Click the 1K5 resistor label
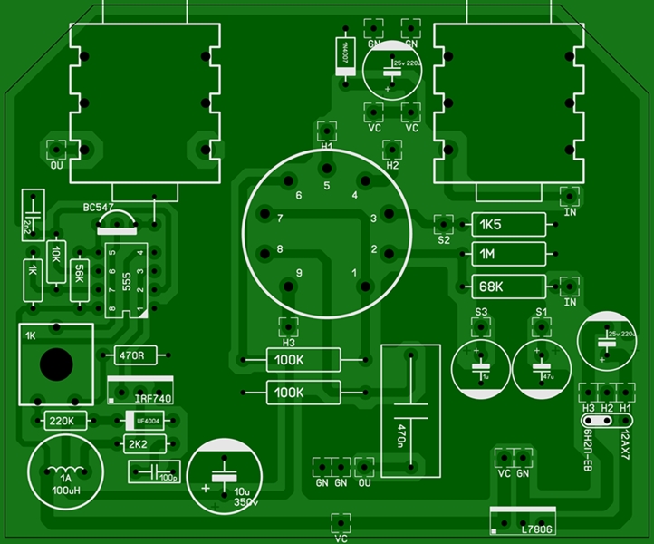click(x=490, y=225)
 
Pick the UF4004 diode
click(x=148, y=421)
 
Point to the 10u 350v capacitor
click(x=221, y=479)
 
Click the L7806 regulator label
click(x=541, y=528)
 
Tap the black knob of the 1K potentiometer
click(x=56, y=364)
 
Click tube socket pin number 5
click(x=327, y=186)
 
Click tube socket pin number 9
click(x=298, y=273)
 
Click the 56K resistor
click(x=80, y=270)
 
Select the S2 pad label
click(x=444, y=240)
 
